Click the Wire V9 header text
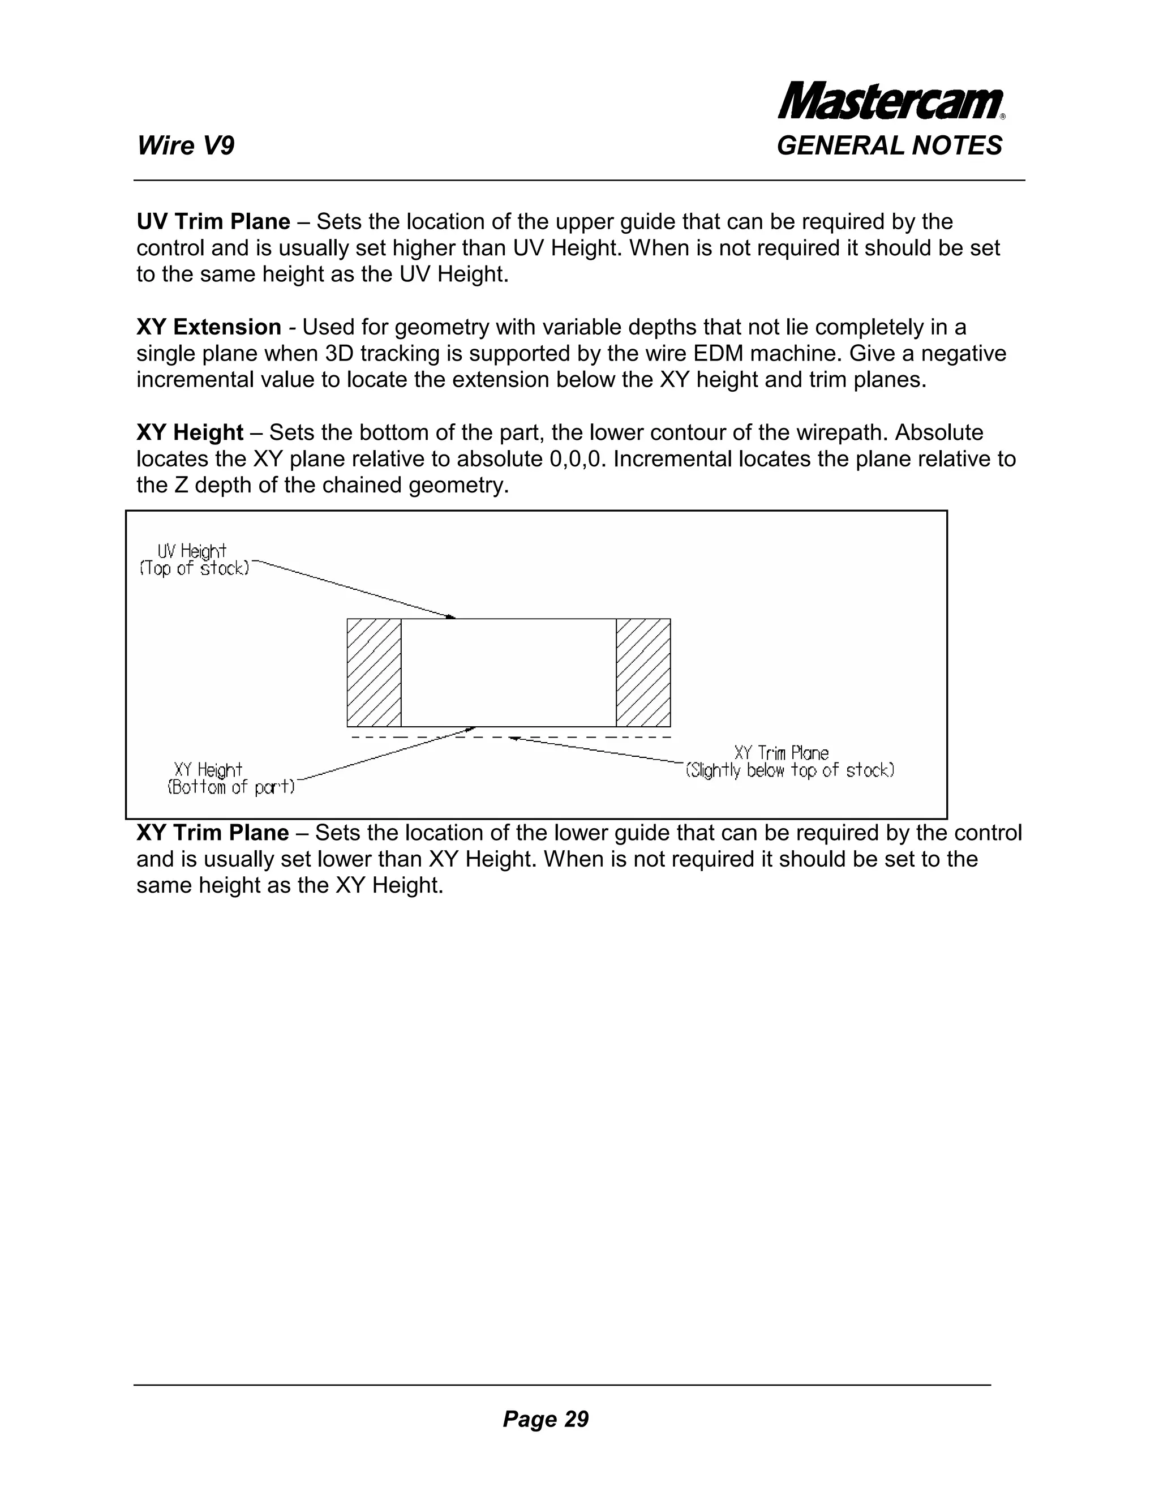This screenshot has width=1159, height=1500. click(x=186, y=145)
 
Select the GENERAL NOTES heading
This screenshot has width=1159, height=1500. click(x=889, y=145)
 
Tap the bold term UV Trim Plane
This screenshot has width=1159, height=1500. click(x=213, y=222)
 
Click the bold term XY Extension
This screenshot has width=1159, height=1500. click(x=209, y=327)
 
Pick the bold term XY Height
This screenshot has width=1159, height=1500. click(x=190, y=432)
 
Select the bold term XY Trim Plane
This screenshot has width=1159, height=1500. click(x=212, y=833)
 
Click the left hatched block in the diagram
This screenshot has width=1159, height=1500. click(x=374, y=672)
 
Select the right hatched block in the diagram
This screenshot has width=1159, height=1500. click(x=643, y=672)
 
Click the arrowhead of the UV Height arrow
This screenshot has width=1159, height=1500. click(x=450, y=617)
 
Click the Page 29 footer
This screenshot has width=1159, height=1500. click(x=545, y=1418)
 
